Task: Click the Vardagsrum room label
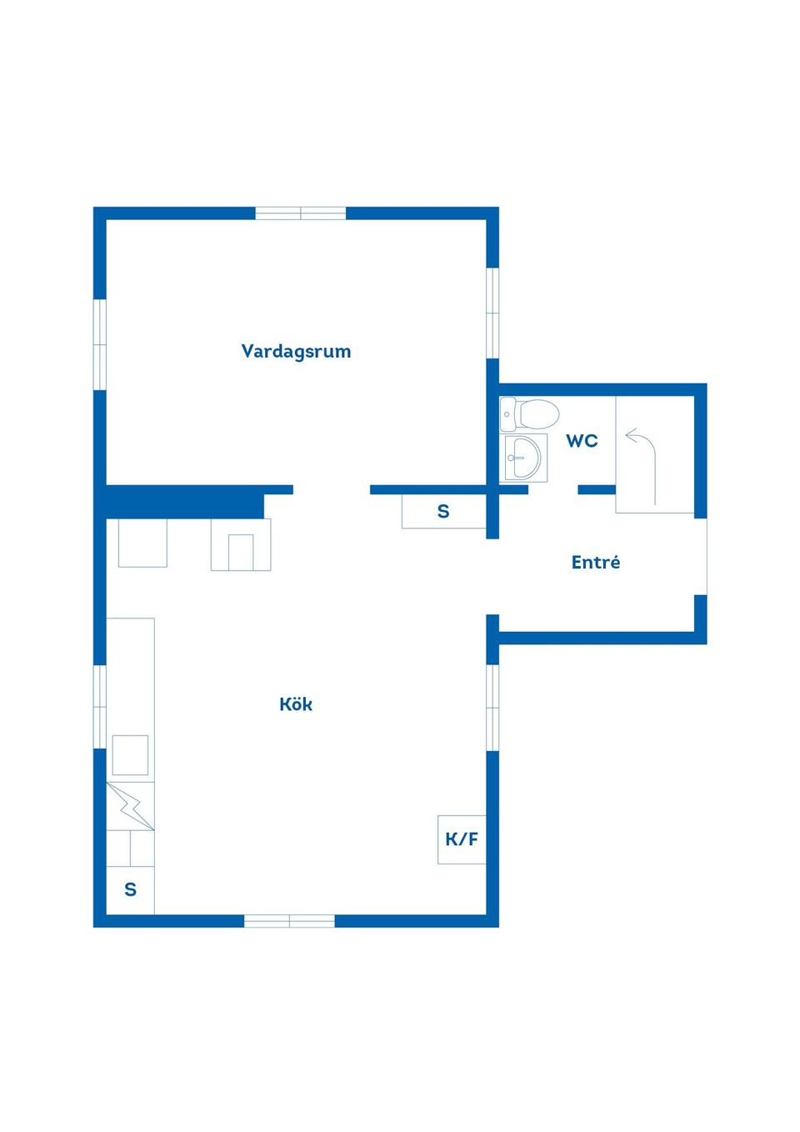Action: [x=296, y=351]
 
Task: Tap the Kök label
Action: [x=296, y=704]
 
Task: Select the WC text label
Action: [x=582, y=441]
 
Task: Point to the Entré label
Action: [x=596, y=563]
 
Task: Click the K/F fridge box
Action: [x=462, y=839]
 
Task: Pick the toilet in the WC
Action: [x=530, y=413]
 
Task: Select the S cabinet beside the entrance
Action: [x=443, y=512]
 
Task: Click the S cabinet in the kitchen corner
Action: [x=131, y=890]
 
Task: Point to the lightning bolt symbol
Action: [x=130, y=806]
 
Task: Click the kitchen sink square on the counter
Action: [x=130, y=755]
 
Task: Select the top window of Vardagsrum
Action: [x=300, y=213]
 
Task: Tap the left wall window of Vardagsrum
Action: [x=100, y=344]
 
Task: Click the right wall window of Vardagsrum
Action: [x=492, y=313]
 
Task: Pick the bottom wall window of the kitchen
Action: [x=289, y=921]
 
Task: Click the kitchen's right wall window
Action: [x=492, y=707]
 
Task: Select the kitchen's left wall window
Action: [x=100, y=706]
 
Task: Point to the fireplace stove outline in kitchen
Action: [x=241, y=545]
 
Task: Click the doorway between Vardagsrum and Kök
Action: [x=332, y=490]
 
